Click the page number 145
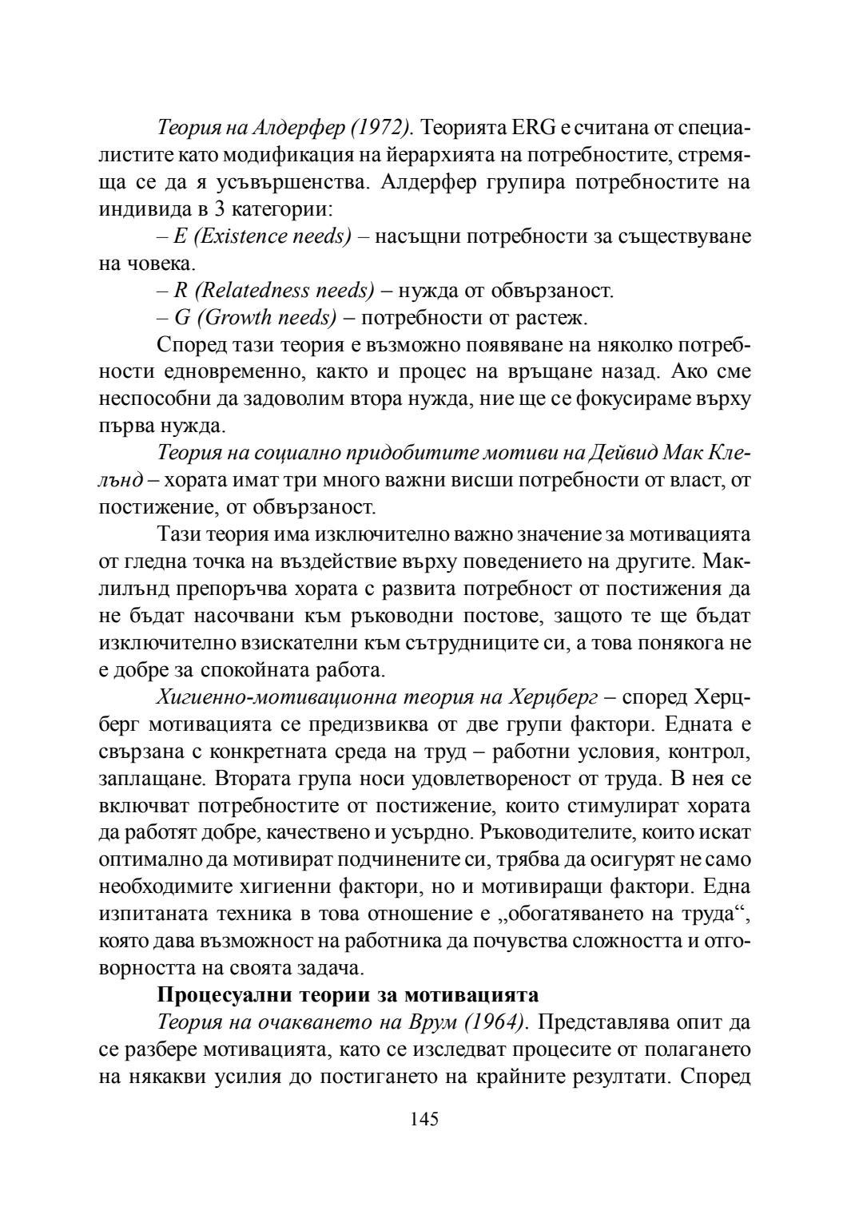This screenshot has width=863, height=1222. pyautogui.click(x=424, y=1118)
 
